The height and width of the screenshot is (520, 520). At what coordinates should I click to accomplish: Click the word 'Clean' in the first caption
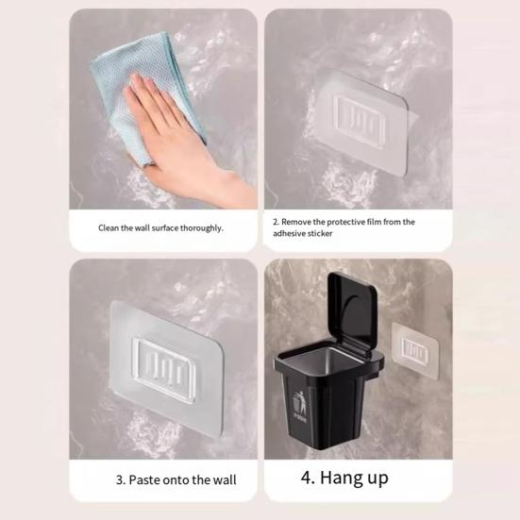pyautogui.click(x=109, y=227)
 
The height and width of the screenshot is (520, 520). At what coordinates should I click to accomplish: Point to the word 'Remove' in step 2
pyautogui.click(x=300, y=222)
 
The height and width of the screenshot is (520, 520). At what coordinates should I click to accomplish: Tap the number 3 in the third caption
pyautogui.click(x=120, y=480)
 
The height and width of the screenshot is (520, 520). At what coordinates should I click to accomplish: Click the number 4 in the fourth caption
pyautogui.click(x=306, y=478)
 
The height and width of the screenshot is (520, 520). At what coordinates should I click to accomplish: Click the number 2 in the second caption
pyautogui.click(x=276, y=222)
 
